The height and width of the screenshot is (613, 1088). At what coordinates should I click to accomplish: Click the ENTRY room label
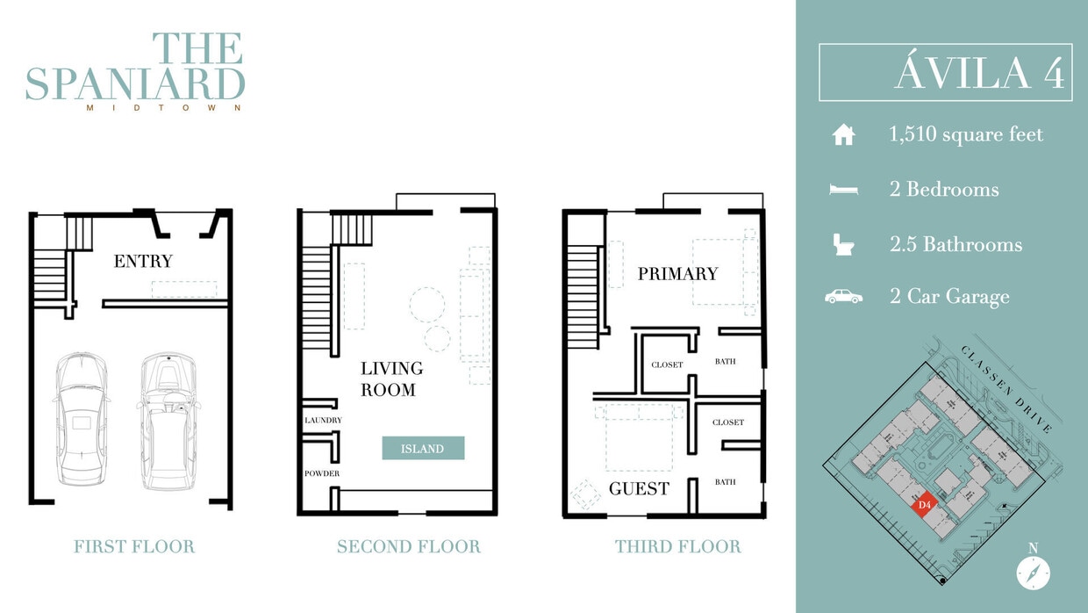click(143, 261)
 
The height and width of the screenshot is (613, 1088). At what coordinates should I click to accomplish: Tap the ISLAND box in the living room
click(422, 449)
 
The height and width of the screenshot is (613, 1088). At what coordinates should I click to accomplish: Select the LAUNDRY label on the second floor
click(323, 421)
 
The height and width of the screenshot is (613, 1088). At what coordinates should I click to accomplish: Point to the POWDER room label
click(322, 473)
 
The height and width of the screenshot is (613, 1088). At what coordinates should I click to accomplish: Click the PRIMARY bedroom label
click(677, 274)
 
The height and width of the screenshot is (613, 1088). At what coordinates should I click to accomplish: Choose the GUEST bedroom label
click(639, 489)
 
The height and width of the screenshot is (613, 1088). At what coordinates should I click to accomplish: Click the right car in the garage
click(168, 422)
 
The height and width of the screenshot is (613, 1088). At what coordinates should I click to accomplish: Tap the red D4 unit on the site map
click(923, 506)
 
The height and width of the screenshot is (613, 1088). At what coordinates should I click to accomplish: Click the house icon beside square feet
click(843, 135)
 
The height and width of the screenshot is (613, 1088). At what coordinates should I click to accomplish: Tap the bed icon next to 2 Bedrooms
click(843, 190)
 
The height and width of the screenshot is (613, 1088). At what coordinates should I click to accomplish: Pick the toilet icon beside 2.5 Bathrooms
click(843, 244)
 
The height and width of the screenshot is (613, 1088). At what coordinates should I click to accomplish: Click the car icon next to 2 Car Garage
click(843, 297)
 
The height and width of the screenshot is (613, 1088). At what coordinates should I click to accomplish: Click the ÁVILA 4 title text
click(979, 74)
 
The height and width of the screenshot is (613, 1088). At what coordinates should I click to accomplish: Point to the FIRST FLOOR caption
click(134, 546)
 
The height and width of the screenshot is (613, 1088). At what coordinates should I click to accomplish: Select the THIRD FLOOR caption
click(677, 546)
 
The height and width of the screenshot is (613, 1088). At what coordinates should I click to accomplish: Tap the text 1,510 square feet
click(966, 135)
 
